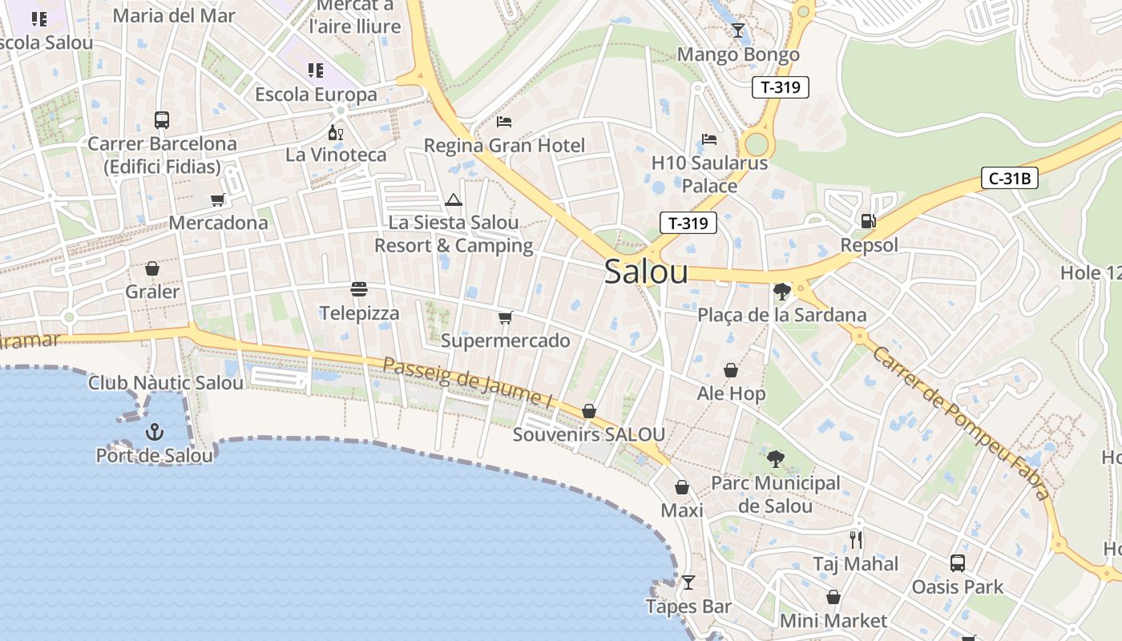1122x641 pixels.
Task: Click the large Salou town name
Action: (646, 272)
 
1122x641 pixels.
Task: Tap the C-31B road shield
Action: (1009, 178)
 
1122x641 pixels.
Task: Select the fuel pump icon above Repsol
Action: (868, 221)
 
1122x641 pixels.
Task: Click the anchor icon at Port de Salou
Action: (154, 433)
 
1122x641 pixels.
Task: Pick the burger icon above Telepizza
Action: (359, 289)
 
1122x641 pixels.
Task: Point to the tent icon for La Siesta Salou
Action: (454, 200)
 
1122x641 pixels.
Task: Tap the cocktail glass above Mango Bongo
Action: (738, 30)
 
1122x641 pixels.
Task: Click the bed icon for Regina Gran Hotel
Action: (504, 122)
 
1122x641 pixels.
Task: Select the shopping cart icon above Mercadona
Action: (218, 200)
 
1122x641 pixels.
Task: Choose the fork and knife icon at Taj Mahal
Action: (856, 539)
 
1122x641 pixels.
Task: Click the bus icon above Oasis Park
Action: (958, 562)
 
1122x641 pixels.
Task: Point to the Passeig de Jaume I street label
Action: (468, 383)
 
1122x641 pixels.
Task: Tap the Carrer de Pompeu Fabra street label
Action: (960, 422)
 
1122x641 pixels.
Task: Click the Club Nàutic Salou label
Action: (166, 383)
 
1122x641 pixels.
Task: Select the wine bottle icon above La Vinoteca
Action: (336, 132)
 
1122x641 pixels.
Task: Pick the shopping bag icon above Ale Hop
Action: (731, 370)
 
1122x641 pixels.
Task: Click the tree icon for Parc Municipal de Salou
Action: (775, 459)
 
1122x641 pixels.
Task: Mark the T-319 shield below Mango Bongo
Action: (780, 87)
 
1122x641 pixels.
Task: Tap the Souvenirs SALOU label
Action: (588, 435)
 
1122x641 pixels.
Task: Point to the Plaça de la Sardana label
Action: (782, 315)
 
